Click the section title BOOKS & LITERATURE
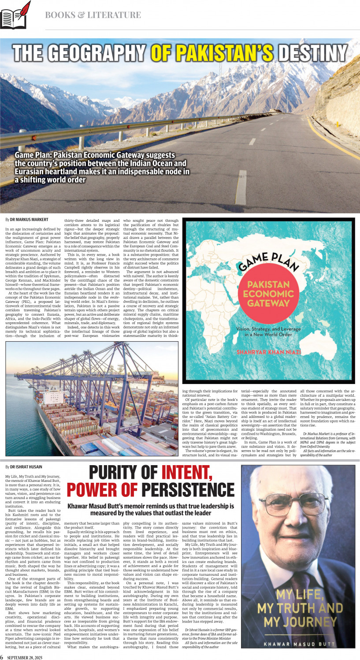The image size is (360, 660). (93, 15)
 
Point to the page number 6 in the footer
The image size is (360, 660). (2, 655)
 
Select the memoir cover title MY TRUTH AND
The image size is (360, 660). (300, 608)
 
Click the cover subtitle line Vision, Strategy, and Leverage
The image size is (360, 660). (268, 329)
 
